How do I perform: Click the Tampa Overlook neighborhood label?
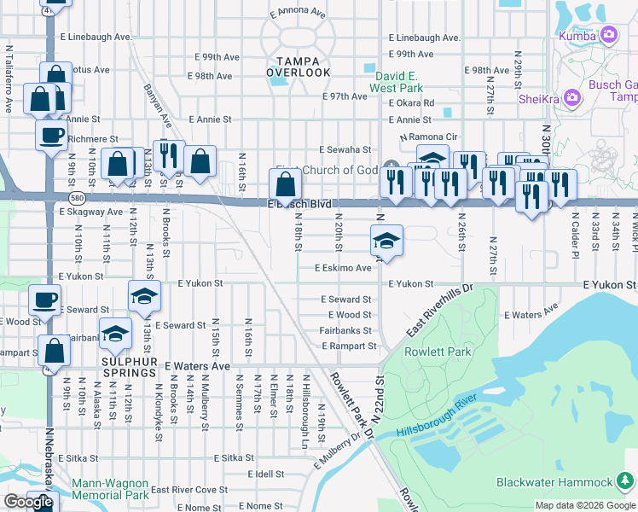point(298,67)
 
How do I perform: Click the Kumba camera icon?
point(610,35)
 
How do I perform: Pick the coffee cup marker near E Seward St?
point(44,300)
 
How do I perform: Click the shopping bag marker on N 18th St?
point(285,184)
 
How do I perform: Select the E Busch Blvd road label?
point(299,205)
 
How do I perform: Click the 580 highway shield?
point(78,197)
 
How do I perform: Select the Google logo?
point(28,502)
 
